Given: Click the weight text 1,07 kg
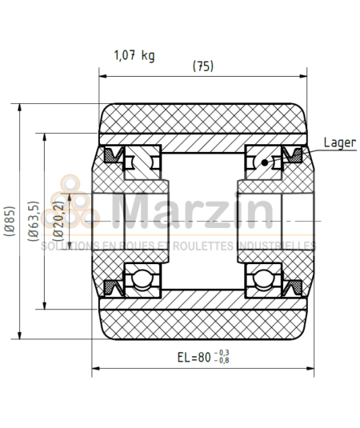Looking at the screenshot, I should tap(134, 55).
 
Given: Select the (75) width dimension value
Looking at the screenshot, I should tap(203, 66).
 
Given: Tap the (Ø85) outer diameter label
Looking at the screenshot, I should tap(9, 222).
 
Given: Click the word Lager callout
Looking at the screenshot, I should tap(340, 143).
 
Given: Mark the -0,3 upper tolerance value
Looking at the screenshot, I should tap(223, 353).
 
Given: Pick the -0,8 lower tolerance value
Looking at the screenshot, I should tap(223, 362).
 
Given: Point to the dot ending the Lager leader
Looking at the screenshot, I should tap(266, 163).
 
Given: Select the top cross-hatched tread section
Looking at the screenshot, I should tap(203, 120).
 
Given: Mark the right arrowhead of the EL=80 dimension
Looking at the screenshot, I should tap(310, 369).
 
